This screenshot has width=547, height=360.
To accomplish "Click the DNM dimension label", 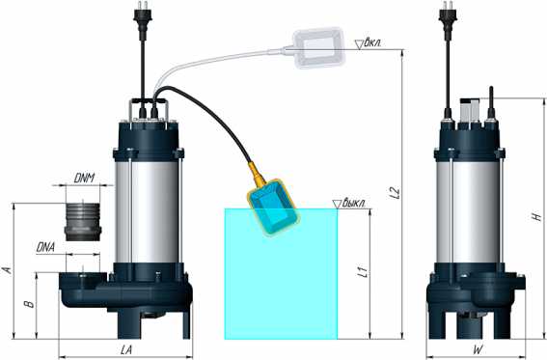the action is point(84,179).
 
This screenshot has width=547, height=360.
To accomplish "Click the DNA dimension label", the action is point(45,247).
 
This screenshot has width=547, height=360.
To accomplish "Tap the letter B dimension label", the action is point(29,304).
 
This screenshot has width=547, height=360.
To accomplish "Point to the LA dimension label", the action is point(126,350).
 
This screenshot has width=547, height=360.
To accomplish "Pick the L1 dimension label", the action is point(363,272).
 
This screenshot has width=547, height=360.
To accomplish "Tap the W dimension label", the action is point(479,350).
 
